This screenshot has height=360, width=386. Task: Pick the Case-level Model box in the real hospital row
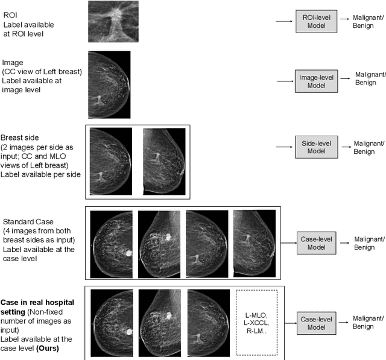[316, 322]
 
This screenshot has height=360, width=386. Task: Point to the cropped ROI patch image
[113, 22]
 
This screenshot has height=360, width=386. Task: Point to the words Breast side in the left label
[17, 137]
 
